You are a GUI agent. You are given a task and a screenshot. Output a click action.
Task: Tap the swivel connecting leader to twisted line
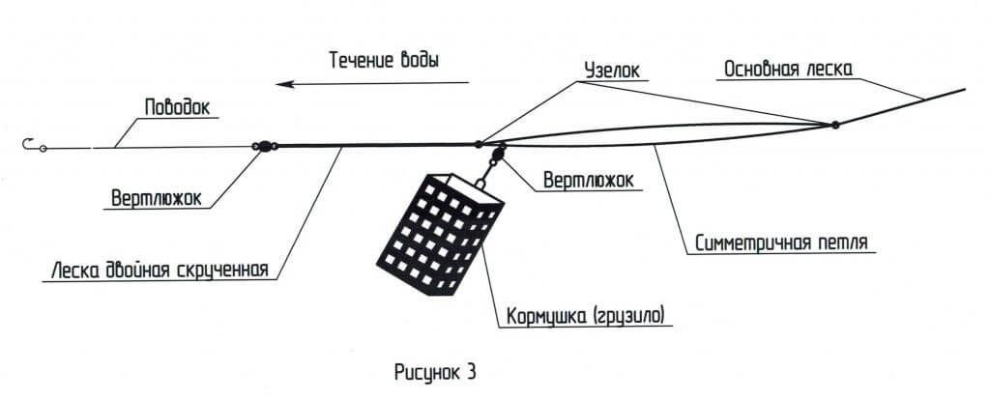coord(262,147)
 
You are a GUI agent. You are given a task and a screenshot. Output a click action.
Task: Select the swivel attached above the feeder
coord(499,156)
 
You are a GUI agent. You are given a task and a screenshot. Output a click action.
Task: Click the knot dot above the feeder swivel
coord(479,145)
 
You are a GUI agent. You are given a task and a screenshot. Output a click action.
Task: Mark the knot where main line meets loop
coord(834,125)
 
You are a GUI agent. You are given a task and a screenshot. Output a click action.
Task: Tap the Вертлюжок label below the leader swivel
coord(155,198)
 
